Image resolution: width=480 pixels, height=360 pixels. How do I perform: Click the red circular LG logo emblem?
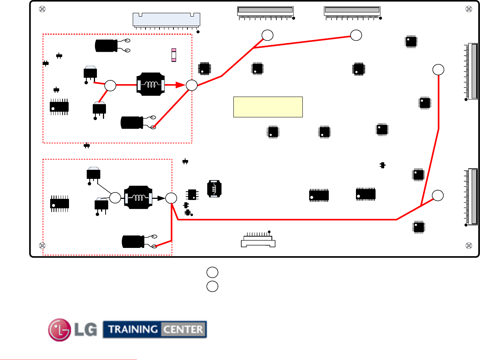pyautogui.click(x=60, y=329)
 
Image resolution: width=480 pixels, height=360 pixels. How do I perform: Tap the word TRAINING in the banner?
pyautogui.click(x=132, y=329)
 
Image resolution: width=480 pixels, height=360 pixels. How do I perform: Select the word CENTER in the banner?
pyautogui.click(x=183, y=329)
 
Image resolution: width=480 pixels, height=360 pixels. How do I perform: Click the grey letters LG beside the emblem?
pyautogui.click(x=86, y=329)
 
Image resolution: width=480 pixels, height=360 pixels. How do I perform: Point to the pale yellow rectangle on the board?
pyautogui.click(x=268, y=107)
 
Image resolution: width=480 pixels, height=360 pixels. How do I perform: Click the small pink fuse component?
pyautogui.click(x=173, y=55)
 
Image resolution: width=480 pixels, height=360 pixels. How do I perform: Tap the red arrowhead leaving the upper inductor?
pyautogui.click(x=180, y=85)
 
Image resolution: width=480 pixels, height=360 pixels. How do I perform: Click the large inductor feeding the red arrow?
pyautogui.click(x=151, y=84)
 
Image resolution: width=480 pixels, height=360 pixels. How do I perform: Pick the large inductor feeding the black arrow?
pyautogui.click(x=138, y=197)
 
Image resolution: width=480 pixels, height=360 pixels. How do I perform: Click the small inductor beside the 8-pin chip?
pyautogui.click(x=214, y=189)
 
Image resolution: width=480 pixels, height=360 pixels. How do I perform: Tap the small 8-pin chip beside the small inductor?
pyautogui.click(x=192, y=194)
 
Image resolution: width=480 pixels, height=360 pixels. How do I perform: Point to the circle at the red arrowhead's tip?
pyautogui.click(x=192, y=85)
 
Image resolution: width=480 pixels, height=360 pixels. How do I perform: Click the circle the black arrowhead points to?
pyautogui.click(x=171, y=198)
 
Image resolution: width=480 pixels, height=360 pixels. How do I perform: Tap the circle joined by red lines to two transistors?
pyautogui.click(x=110, y=86)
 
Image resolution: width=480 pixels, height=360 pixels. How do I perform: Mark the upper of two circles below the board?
pyautogui.click(x=212, y=272)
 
